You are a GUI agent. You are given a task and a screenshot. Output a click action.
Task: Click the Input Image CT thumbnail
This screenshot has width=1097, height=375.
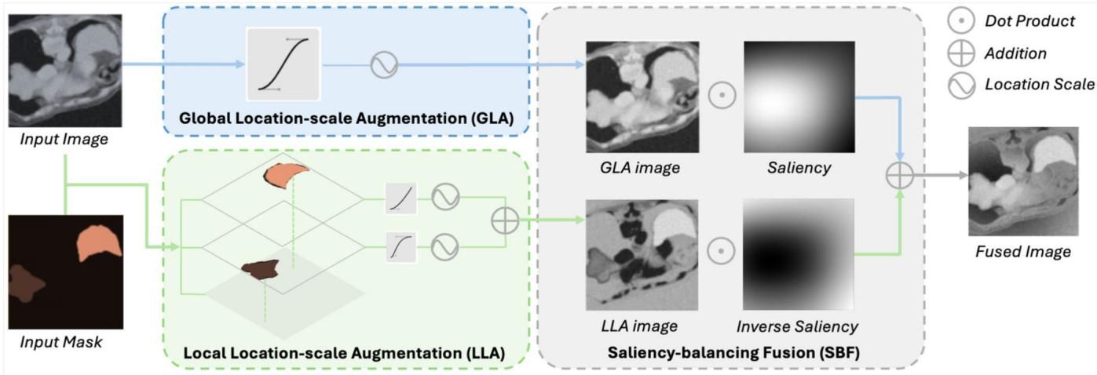pos(65,71)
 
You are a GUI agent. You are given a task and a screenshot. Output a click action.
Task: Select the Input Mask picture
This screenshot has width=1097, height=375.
pos(65,270)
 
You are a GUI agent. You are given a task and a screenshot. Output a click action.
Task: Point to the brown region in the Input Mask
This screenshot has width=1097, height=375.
pos(27,283)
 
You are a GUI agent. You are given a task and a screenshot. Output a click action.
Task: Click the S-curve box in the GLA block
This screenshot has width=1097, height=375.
pos(283,64)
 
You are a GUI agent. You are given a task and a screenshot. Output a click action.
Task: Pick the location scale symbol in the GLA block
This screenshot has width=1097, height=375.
pos(384,65)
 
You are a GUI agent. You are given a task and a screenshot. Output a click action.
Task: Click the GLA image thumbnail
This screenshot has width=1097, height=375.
pos(642,96)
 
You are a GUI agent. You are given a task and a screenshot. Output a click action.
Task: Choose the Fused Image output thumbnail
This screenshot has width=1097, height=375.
pos(1019,181)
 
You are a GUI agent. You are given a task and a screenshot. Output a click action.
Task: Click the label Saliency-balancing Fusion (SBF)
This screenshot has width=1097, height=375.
pos(733,353)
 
